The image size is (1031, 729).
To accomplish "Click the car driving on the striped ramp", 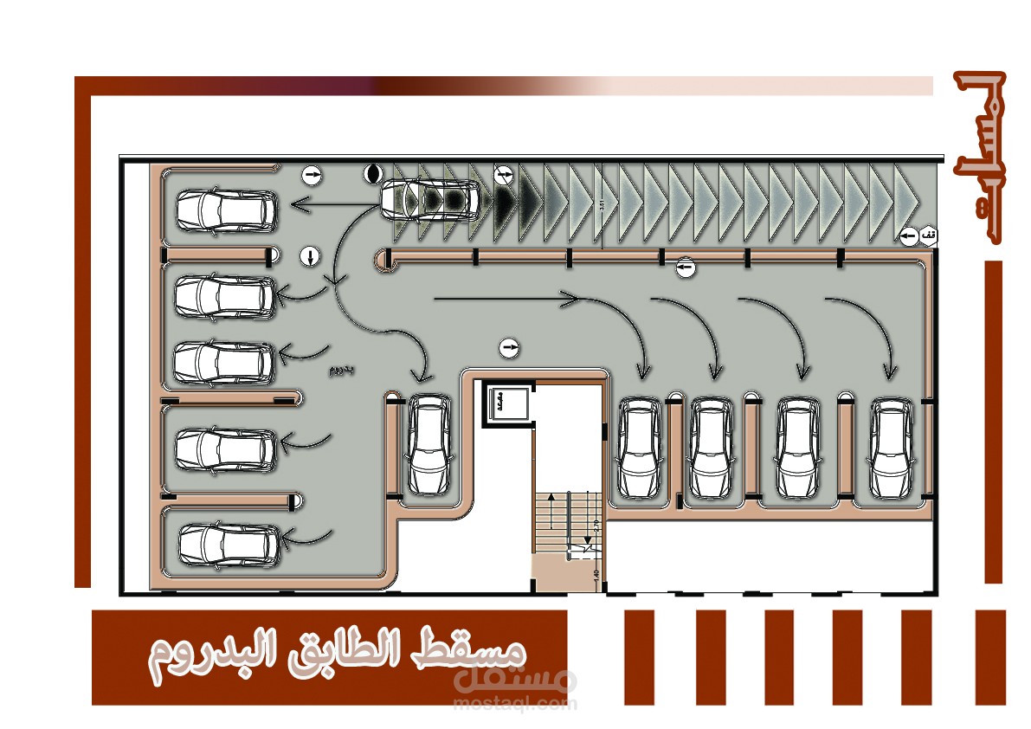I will (430, 199).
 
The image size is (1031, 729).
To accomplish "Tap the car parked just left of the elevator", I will (429, 446).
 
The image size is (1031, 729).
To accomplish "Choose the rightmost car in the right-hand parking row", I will (892, 448).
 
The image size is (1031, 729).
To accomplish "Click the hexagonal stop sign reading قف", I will (927, 235).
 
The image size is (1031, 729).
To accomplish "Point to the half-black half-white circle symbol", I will (373, 173).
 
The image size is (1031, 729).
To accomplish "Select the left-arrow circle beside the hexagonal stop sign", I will (907, 235).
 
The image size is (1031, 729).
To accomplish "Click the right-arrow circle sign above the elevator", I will (510, 348).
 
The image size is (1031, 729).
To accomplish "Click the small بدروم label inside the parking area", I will (342, 371).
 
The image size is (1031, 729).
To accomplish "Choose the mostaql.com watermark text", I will (514, 703).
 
